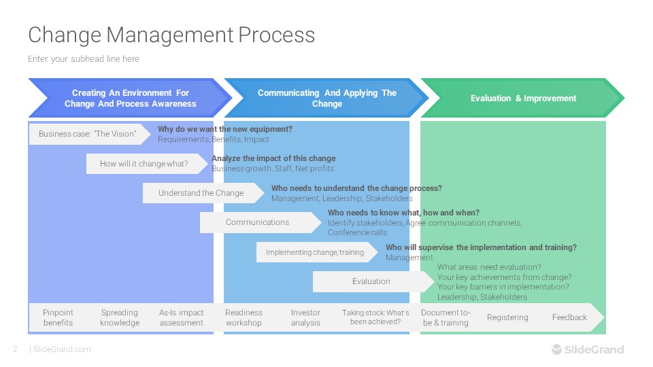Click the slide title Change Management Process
(171, 35)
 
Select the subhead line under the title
(84, 58)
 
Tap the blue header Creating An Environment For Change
(130, 98)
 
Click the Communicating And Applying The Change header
(326, 98)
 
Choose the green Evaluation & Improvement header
(523, 98)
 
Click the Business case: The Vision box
(90, 134)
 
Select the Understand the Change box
(203, 193)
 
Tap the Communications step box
(261, 222)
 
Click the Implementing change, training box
(317, 252)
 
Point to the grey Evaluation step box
(373, 281)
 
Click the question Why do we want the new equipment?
(225, 129)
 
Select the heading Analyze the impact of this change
(273, 158)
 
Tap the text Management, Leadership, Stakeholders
(342, 198)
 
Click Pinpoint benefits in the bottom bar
(58, 317)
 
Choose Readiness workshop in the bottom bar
(244, 317)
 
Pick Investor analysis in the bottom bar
(305, 317)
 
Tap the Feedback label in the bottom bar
(569, 317)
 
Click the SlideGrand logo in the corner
(588, 349)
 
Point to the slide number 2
(16, 349)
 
